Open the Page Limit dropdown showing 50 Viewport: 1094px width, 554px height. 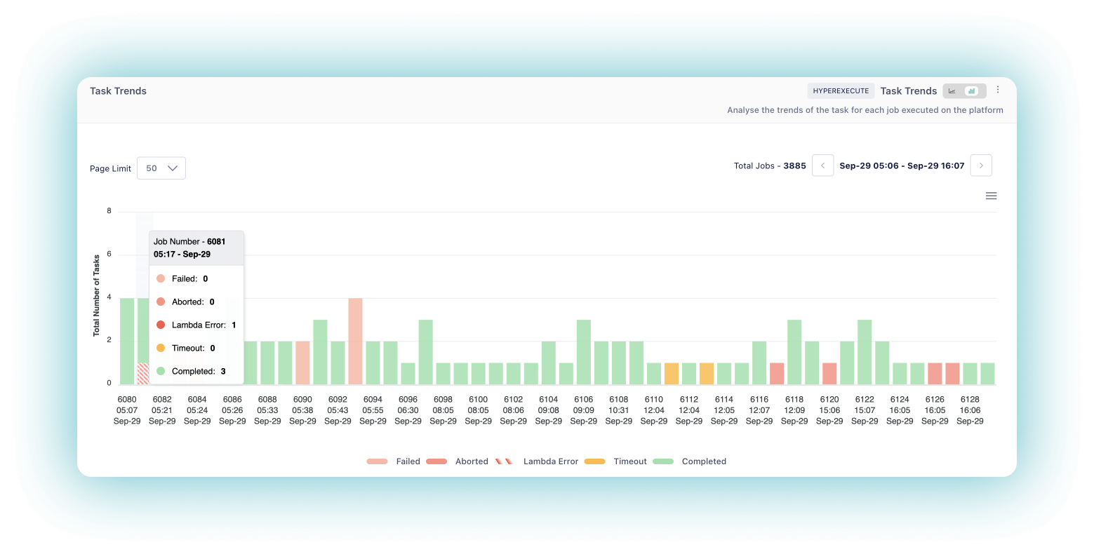click(x=161, y=168)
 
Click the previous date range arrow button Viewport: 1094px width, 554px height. click(x=822, y=165)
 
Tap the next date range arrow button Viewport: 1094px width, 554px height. click(x=981, y=165)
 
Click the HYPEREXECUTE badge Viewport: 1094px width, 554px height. click(x=841, y=90)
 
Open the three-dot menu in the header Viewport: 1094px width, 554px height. click(x=998, y=90)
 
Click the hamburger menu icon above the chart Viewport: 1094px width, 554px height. click(x=991, y=196)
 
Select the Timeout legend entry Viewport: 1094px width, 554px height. click(x=615, y=461)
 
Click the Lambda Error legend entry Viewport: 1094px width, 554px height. click(x=537, y=461)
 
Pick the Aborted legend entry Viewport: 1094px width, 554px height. click(x=457, y=461)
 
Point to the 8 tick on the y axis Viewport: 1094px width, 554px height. click(x=109, y=210)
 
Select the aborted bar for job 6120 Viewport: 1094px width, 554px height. click(x=829, y=373)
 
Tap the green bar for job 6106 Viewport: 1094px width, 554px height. click(x=583, y=352)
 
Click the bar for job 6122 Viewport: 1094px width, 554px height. click(x=865, y=352)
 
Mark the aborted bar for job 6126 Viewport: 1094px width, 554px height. click(x=935, y=373)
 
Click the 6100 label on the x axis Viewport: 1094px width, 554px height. click(x=478, y=400)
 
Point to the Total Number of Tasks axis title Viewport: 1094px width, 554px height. click(x=97, y=295)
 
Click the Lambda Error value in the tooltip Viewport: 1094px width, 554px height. click(x=234, y=325)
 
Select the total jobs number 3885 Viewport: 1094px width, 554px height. click(x=794, y=166)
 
